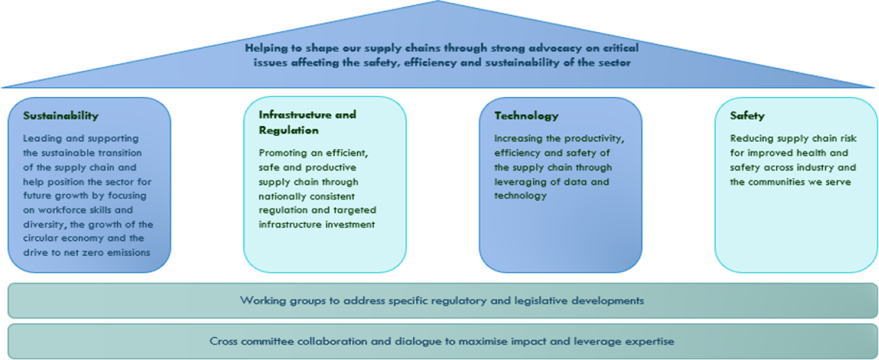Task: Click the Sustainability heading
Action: [x=61, y=116]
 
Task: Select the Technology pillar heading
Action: [x=526, y=116]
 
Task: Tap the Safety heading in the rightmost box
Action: [x=747, y=116]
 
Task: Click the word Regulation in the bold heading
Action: [x=289, y=130]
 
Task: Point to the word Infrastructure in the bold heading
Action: [x=291, y=114]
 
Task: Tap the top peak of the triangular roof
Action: [x=438, y=1]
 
